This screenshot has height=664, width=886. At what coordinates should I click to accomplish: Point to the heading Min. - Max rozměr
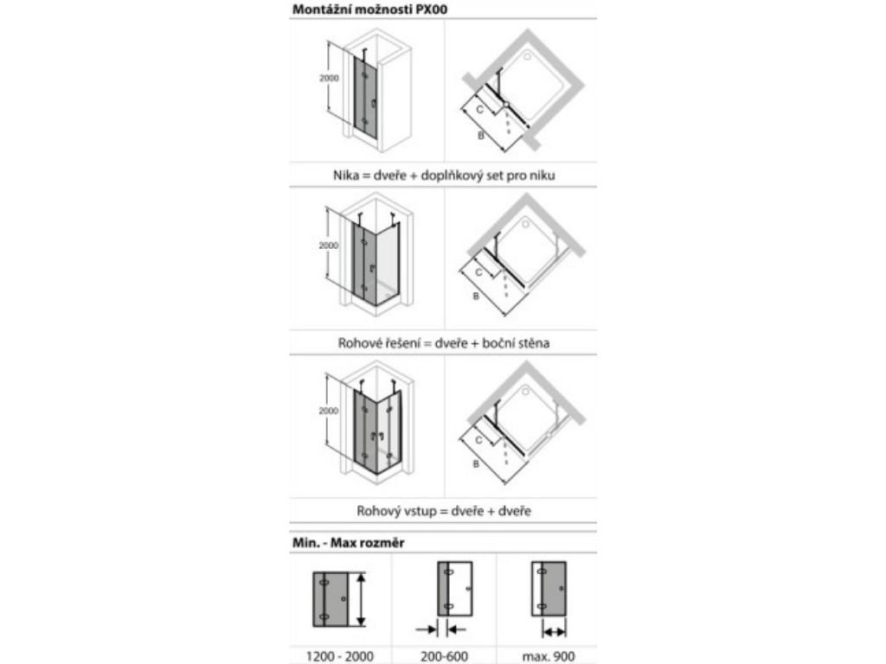tap(341, 542)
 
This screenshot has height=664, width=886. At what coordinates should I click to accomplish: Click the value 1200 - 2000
tap(340, 656)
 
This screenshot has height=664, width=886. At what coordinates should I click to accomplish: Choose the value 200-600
tap(445, 656)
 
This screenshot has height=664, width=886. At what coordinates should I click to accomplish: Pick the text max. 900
tap(548, 656)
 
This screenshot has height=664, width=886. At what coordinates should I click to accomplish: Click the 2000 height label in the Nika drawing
tap(328, 78)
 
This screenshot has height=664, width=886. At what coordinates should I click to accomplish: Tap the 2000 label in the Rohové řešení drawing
tap(328, 246)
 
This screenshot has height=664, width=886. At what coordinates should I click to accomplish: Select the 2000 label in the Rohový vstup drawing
tap(328, 412)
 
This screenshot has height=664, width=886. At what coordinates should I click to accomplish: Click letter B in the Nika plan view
tap(480, 137)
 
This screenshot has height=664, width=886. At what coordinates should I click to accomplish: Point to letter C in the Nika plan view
tap(478, 110)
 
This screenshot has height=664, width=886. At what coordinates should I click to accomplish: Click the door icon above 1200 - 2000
tap(332, 598)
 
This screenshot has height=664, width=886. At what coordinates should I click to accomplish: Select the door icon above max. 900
tap(549, 590)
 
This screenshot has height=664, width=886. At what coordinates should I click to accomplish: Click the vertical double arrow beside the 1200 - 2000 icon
tap(363, 598)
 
